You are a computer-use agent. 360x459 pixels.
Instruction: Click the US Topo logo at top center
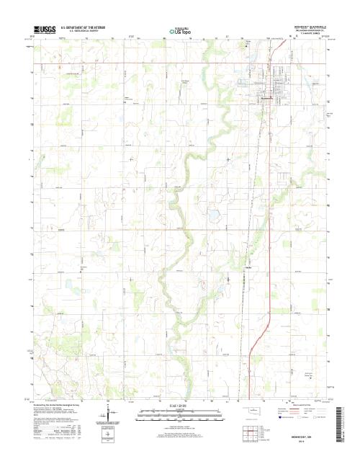(x=179, y=31)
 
